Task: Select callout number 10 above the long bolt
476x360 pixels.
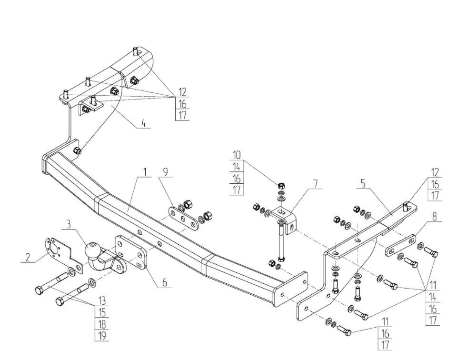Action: (x=237, y=155)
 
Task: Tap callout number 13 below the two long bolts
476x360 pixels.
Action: (x=102, y=301)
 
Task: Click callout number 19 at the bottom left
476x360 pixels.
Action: (x=102, y=336)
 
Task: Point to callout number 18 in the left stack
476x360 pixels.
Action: (x=102, y=325)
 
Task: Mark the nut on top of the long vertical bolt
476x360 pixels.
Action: (x=281, y=185)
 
